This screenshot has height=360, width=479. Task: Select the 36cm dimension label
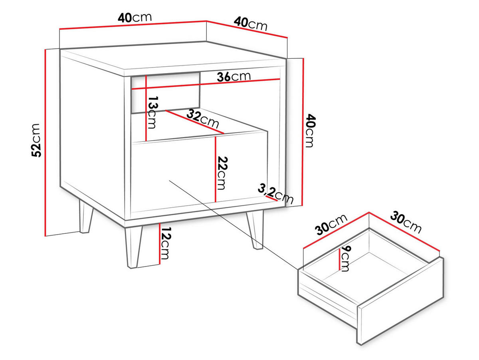coord(234,77)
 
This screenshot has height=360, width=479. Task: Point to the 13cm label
coord(153,113)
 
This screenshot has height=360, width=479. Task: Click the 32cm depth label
coord(203,119)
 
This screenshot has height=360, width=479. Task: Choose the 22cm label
coord(222,173)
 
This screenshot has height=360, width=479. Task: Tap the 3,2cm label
coord(275,193)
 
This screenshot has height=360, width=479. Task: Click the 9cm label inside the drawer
coord(345,259)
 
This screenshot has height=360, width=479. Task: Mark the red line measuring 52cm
coord(46,143)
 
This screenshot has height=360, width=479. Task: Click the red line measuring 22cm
coord(215,169)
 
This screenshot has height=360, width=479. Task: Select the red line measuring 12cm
coord(160,244)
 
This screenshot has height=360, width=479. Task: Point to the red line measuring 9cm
coord(340,259)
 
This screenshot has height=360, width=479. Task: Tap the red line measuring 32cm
coord(195,122)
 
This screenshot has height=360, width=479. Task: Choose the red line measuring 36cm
coord(206,84)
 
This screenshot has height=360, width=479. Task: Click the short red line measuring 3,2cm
coord(271,198)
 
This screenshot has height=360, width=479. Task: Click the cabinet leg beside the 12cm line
coord(134,247)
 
